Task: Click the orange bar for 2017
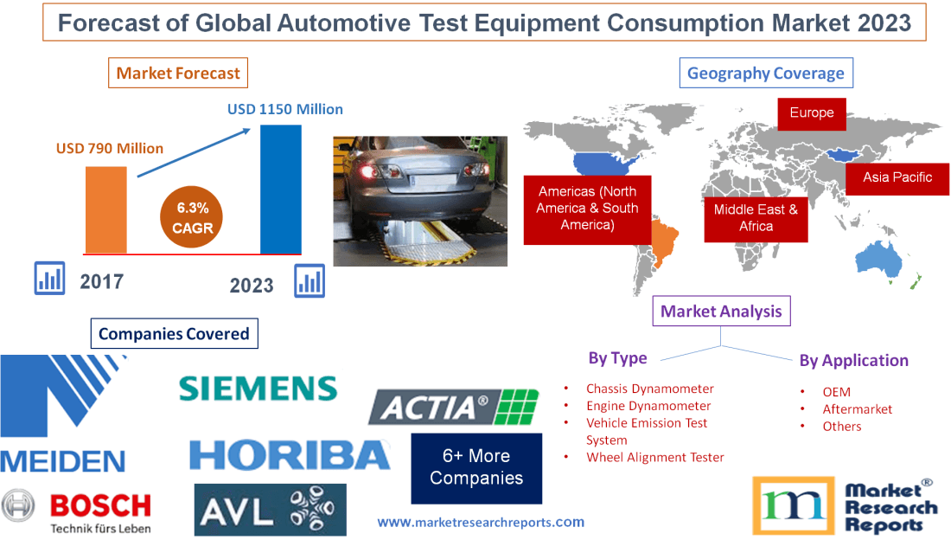click(105, 209)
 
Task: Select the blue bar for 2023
click(281, 190)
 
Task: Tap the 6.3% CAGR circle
click(187, 218)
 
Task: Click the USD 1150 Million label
click(284, 110)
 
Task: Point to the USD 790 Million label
click(110, 148)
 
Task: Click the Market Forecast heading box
click(177, 73)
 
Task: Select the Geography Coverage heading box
click(765, 73)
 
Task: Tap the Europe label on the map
click(811, 113)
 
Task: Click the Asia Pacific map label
click(897, 177)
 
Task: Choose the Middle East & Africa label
click(756, 217)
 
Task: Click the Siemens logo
click(258, 388)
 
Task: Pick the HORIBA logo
click(290, 453)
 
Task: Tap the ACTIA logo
click(454, 406)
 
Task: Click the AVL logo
click(270, 509)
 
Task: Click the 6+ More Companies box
click(476, 467)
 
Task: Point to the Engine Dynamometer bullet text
click(648, 406)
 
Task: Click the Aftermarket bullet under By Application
click(857, 409)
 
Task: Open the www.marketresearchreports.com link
click(481, 522)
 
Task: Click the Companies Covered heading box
click(174, 333)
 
